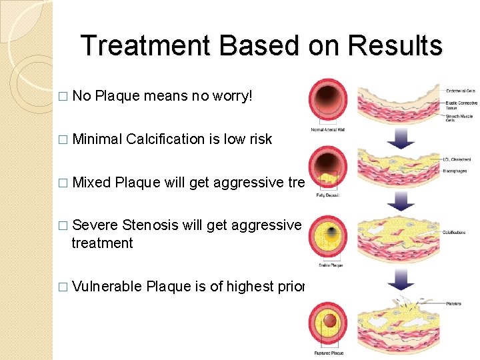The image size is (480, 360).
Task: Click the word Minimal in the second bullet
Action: (97, 139)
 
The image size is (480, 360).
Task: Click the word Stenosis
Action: (151, 225)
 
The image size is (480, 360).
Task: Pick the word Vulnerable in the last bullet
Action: (107, 287)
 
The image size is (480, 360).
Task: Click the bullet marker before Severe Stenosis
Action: (63, 226)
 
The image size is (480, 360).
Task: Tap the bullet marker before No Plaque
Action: (63, 97)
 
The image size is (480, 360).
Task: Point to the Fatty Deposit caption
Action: (327, 195)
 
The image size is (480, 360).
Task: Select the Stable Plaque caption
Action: (327, 265)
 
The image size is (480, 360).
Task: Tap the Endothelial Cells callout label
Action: (461, 90)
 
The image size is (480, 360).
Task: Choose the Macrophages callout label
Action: (455, 171)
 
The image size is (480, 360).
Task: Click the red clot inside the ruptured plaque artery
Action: (329, 321)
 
